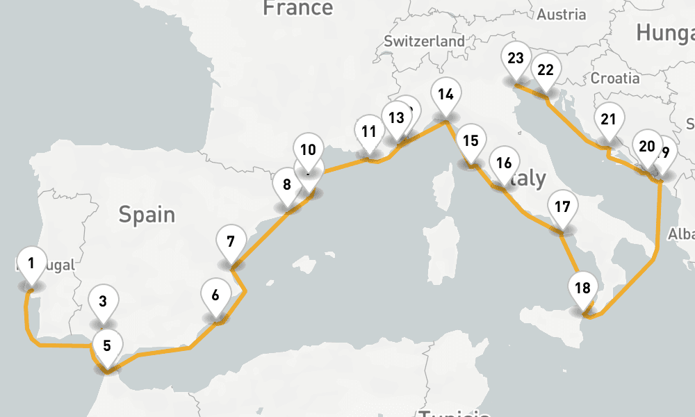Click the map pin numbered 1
point(31,263)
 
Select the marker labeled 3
point(103,302)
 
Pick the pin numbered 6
point(215,295)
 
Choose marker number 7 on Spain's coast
point(231,243)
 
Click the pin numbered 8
point(286,185)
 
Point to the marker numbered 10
point(309,149)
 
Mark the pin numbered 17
point(563,206)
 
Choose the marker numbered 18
point(582,288)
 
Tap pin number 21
point(609,120)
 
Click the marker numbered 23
point(516,58)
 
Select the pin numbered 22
point(546,69)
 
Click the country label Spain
point(146,214)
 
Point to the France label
point(297,8)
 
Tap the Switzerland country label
point(424,42)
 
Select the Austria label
point(562,14)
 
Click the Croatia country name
point(615,79)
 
